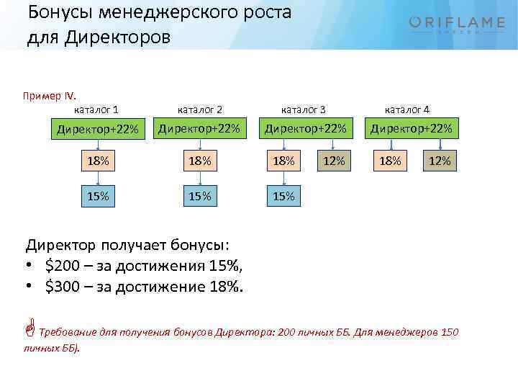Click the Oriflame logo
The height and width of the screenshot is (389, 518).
pos(456,25)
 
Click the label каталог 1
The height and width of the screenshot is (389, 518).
pos(96,109)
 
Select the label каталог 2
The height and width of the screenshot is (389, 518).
pos(200,109)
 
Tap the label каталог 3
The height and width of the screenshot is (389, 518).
pos(303,109)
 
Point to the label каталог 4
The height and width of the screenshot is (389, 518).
pos(407,109)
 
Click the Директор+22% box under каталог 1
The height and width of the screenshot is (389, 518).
pos(96,130)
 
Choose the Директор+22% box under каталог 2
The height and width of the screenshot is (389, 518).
pos(199,129)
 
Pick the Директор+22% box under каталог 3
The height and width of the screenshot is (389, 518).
pos(305,129)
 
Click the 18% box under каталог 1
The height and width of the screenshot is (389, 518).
pos(96,161)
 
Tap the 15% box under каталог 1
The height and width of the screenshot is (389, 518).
pos(96,196)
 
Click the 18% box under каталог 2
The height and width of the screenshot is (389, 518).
pos(199,161)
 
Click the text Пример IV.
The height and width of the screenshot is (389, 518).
pos(49,97)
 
